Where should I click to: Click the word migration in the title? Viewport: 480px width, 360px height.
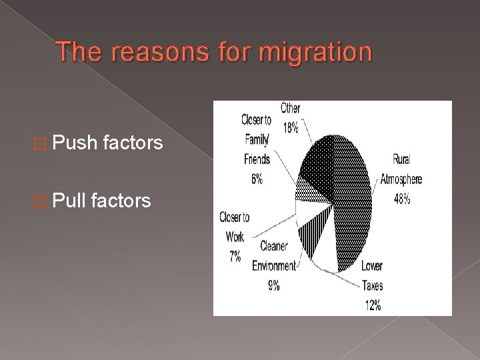tap(316, 53)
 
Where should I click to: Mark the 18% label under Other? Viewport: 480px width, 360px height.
tap(291, 128)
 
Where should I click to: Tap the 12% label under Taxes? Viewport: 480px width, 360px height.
tap(373, 305)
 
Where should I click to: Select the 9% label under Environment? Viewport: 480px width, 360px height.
tap(275, 287)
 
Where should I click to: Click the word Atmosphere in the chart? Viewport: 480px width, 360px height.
tap(401, 179)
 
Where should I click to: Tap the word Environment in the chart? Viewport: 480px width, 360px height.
tap(273, 267)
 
